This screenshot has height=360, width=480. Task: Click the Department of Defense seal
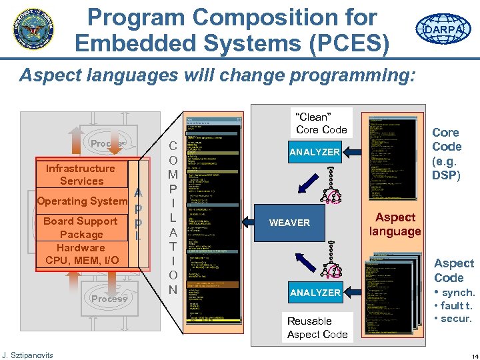(34, 29)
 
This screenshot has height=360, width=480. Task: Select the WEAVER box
(289, 223)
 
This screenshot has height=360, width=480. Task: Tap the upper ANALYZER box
(315, 152)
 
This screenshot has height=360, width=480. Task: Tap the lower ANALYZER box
(315, 292)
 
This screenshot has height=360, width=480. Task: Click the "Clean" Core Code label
(321, 123)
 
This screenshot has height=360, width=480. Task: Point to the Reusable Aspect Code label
(317, 327)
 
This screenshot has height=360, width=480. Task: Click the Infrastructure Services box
(81, 175)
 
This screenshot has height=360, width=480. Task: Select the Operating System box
(82, 201)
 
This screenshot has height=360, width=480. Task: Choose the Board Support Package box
(81, 227)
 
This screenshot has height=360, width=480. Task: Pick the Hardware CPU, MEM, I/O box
(81, 254)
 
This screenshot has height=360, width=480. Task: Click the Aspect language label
(395, 224)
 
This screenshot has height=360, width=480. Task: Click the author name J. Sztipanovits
(27, 355)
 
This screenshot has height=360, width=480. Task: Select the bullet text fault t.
(455, 306)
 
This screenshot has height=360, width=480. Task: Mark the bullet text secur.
(455, 319)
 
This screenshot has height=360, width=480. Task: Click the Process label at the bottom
(109, 299)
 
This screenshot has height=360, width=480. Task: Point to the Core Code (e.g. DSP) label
(447, 153)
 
